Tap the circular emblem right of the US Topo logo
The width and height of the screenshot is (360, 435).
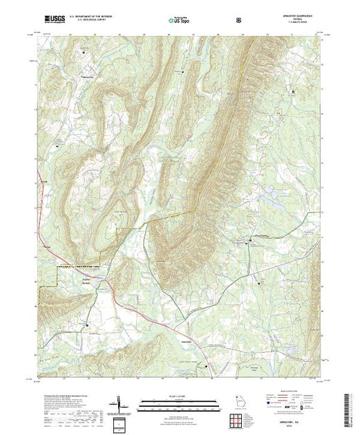tap(238, 21)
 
